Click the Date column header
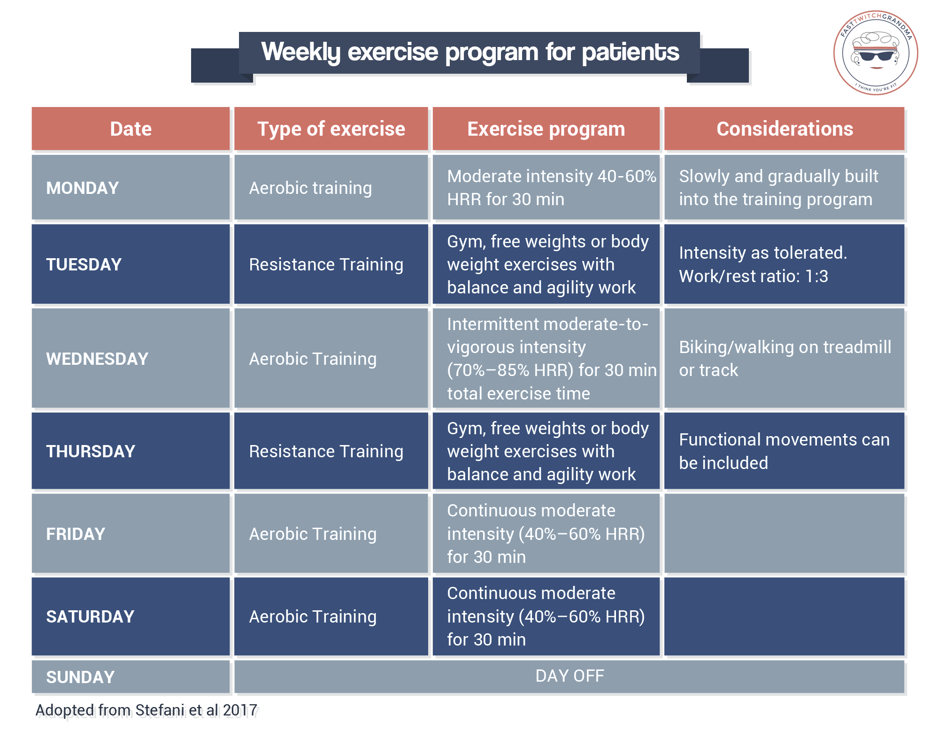point(131,129)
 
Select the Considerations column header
point(785,129)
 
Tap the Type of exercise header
point(331,129)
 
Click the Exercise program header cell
point(546,129)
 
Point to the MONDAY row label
point(83,188)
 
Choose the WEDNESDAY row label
point(97,359)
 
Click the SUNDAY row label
point(80,677)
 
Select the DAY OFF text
point(570,676)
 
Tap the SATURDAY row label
point(90,617)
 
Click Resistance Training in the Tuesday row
point(326,265)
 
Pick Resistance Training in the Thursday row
point(326,452)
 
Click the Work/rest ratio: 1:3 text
point(753,277)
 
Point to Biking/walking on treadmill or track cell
point(785,359)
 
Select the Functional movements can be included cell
point(784,451)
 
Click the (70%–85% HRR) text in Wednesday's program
point(510,370)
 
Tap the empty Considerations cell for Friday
point(785,534)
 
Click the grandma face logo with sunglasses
point(876,53)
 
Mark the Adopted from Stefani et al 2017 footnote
point(148,711)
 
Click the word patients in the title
point(630,52)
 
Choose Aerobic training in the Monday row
point(310,188)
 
